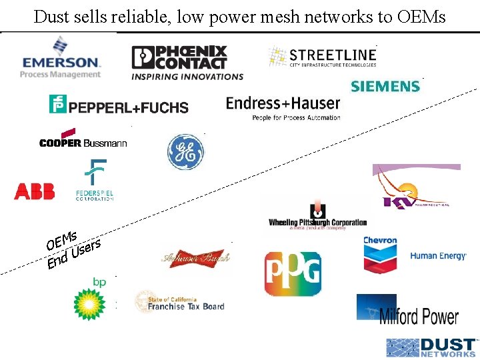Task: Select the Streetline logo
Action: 323,56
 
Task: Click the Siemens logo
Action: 385,86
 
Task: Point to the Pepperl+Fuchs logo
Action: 119,105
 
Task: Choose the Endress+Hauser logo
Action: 283,106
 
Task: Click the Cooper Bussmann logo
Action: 83,139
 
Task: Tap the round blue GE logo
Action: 185,151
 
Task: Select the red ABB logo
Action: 34,192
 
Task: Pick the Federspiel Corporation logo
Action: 98,181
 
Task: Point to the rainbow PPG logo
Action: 293,273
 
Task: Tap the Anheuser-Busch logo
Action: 195,257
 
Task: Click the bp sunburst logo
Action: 90,299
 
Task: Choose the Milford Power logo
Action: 407,311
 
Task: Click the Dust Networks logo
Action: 431,347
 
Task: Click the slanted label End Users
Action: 74,255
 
